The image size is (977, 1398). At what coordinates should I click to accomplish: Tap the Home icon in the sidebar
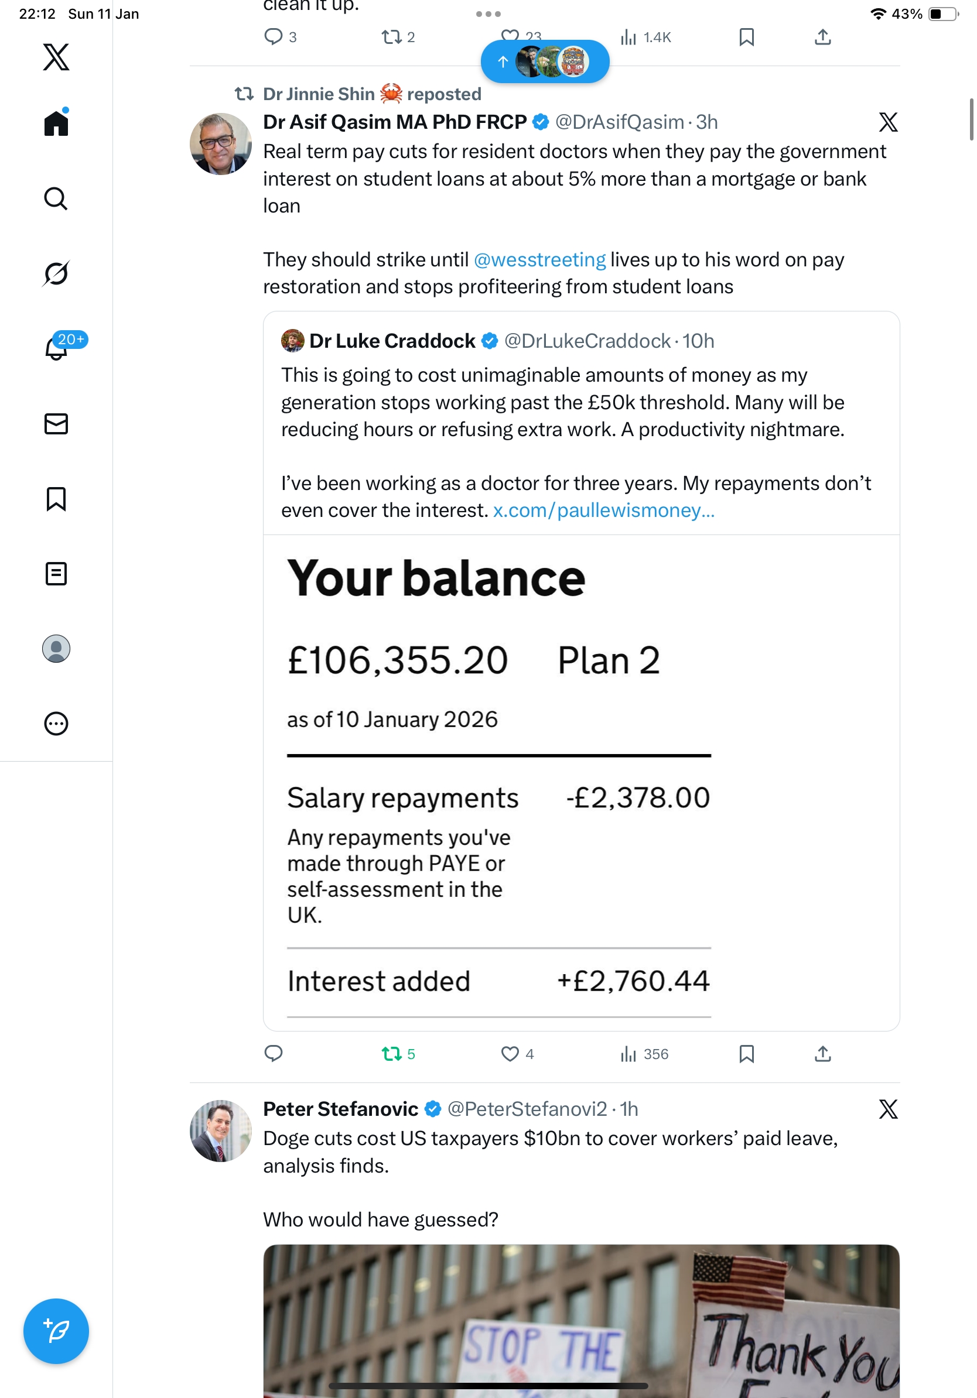56,124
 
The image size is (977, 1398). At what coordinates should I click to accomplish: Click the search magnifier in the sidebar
56,199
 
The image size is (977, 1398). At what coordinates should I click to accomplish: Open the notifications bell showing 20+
56,348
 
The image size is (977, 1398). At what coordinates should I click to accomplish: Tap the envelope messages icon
56,424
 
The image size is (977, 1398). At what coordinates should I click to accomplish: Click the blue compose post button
56,1331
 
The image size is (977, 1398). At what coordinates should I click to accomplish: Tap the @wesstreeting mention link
539,260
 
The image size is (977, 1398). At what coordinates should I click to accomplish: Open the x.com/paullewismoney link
604,510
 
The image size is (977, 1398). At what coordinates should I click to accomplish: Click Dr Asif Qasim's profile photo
220,143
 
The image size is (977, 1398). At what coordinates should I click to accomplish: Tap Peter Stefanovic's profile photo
220,1130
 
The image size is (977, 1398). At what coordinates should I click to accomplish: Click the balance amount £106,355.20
398,660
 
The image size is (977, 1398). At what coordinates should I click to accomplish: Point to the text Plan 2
609,660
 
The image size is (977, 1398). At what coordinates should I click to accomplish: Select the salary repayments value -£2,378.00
638,797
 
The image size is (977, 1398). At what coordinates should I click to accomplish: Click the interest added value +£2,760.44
633,981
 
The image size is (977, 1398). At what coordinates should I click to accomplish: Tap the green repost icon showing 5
391,1053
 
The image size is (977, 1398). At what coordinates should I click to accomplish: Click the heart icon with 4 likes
510,1053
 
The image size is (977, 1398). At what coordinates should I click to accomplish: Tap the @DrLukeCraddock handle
587,341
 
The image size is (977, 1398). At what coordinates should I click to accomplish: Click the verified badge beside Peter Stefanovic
432,1109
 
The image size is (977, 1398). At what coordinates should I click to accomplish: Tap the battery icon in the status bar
942,14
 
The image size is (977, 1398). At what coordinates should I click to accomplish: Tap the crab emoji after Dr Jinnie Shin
391,94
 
